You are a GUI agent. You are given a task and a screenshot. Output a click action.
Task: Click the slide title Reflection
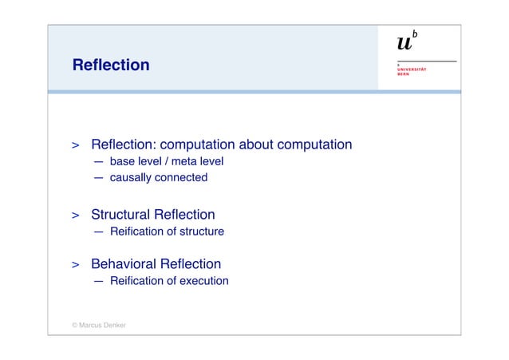(x=110, y=65)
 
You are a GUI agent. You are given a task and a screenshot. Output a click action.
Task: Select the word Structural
(x=120, y=215)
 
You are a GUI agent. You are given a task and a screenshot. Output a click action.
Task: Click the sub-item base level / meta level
(x=167, y=161)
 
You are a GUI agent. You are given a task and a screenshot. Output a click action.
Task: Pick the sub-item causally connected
(x=158, y=177)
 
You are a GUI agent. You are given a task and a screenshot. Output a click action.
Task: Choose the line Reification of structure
(x=167, y=231)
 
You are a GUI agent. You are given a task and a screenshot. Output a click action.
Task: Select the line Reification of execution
(x=169, y=281)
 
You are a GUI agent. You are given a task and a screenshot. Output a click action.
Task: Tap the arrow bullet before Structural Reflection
(x=74, y=216)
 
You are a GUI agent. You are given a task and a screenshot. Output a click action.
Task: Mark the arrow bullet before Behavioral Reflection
(x=74, y=265)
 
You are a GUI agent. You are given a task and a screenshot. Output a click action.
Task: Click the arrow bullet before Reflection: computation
(x=74, y=146)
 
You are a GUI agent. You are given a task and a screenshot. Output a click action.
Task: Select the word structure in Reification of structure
(x=200, y=231)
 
